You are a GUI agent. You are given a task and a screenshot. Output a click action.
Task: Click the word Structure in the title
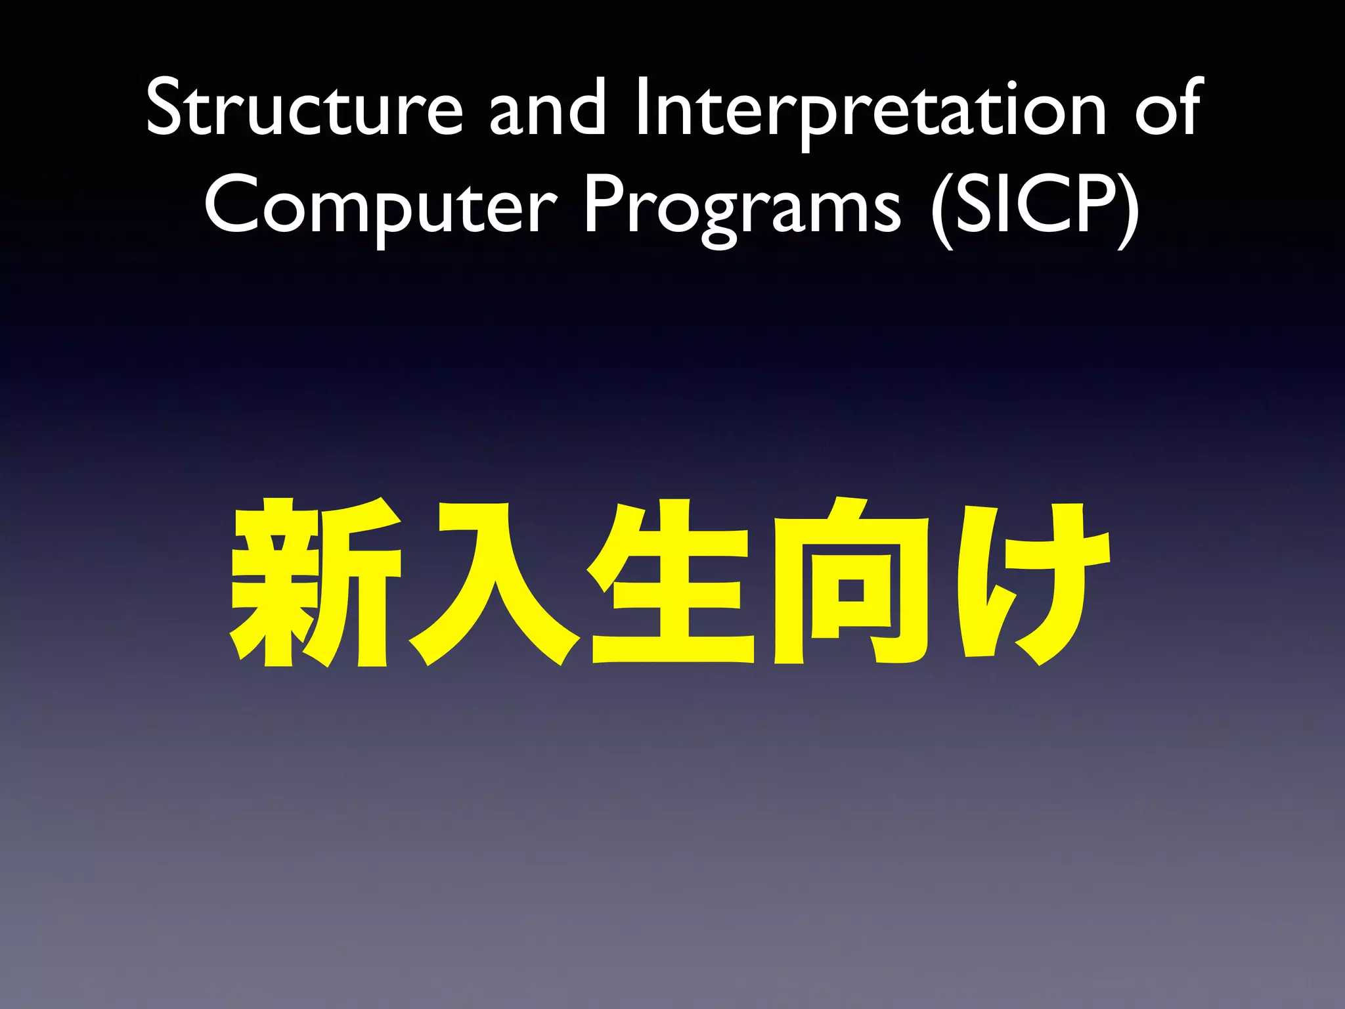point(304,108)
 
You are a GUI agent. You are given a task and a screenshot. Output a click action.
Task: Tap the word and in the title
point(547,108)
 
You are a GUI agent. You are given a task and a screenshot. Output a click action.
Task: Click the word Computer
point(380,206)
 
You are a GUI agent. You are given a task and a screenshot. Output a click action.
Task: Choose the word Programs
point(742,206)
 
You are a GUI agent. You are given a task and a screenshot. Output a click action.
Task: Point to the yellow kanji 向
point(851,581)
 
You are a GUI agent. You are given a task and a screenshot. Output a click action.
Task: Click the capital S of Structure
point(164,106)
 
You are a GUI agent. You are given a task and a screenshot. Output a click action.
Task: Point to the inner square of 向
point(851,589)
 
